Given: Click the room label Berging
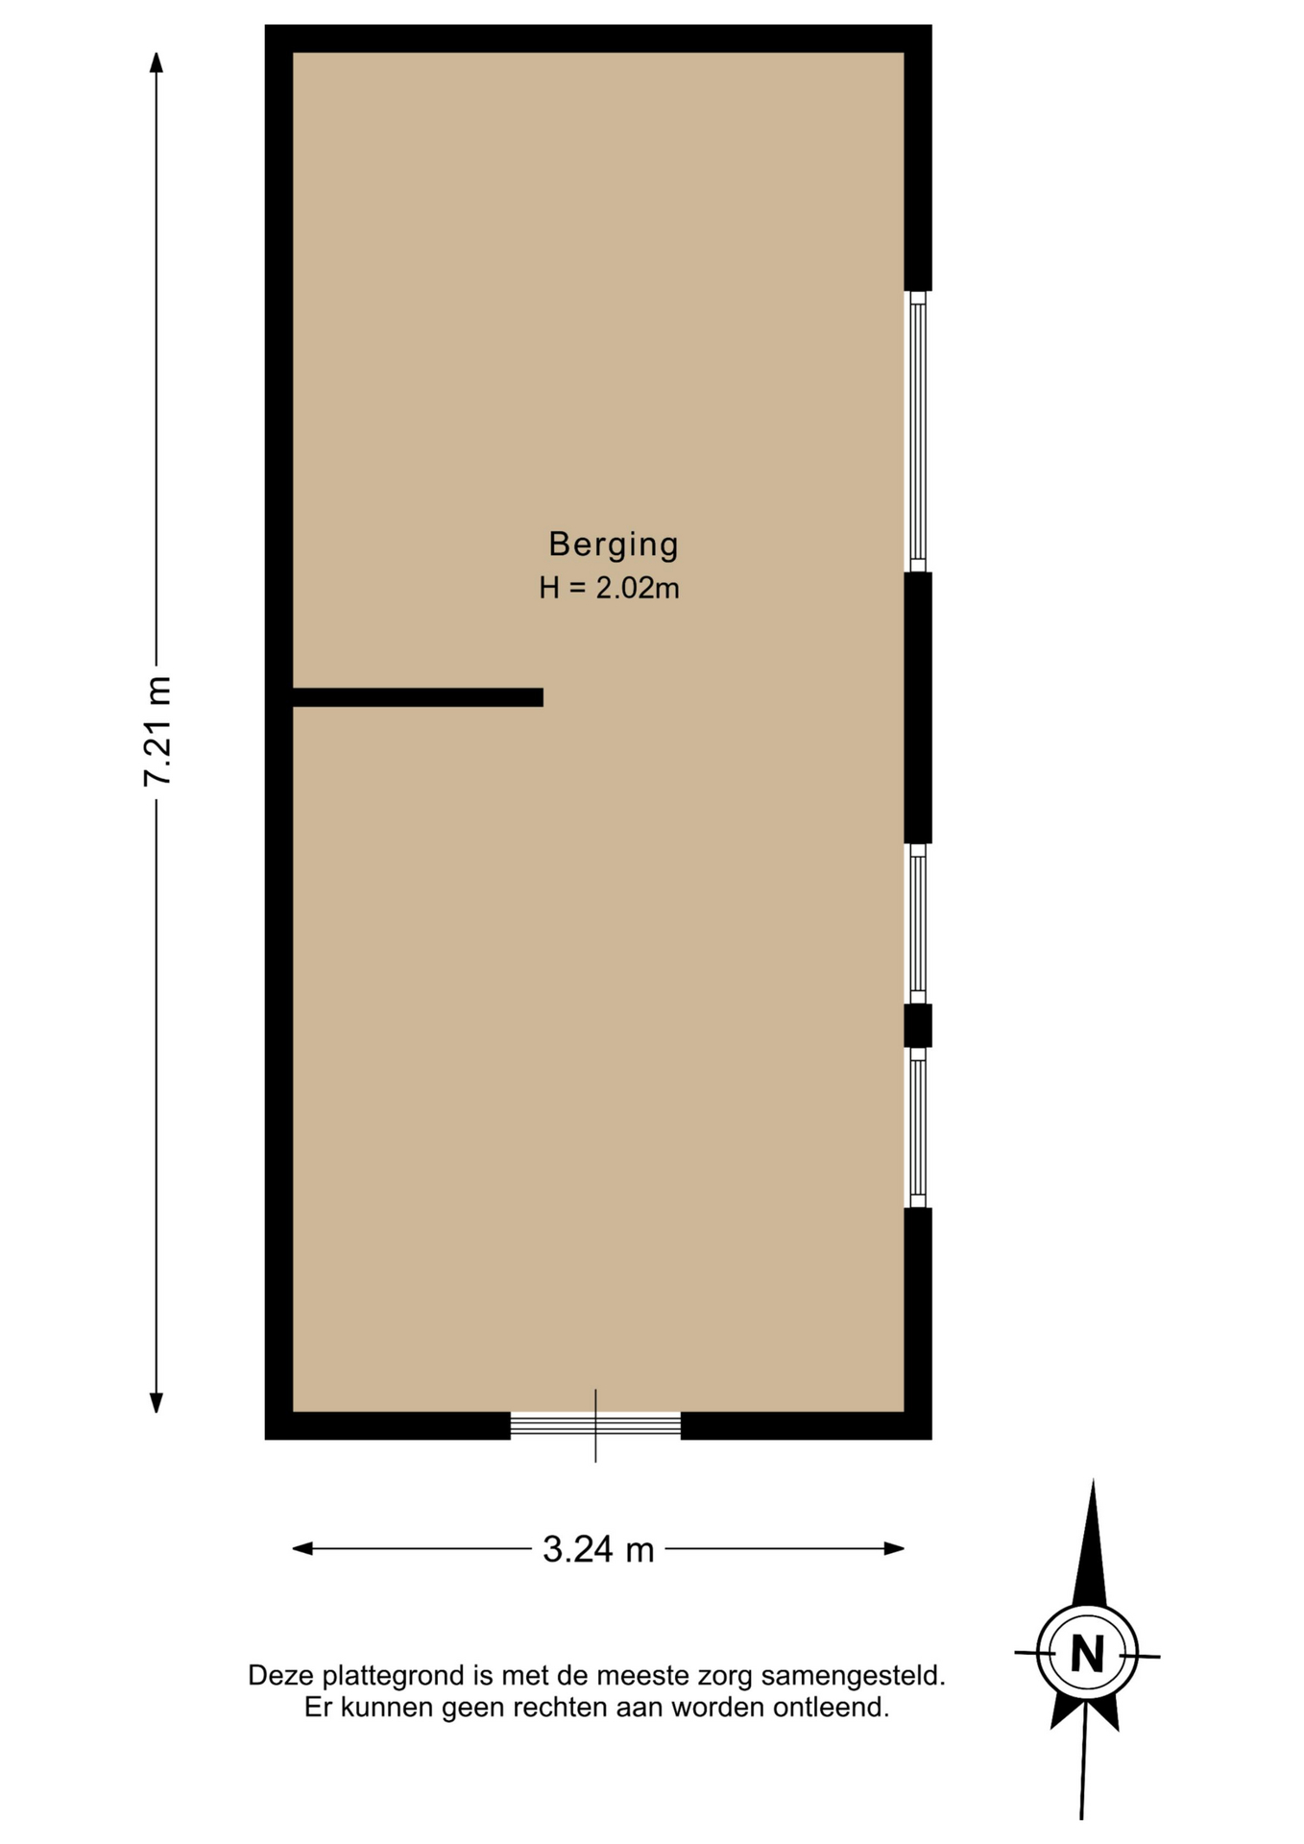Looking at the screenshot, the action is (614, 545).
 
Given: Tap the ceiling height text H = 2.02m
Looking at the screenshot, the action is (609, 588).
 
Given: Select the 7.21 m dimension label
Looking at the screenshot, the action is (157, 731).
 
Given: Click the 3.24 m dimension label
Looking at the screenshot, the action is (598, 1549).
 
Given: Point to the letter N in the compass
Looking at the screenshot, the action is (1087, 1655).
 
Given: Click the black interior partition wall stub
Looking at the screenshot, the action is (418, 697).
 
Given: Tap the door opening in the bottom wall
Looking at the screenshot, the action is (595, 1425).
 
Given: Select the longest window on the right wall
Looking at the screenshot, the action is (918, 431).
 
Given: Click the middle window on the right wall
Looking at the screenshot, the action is (918, 924).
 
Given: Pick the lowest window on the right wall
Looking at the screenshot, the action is (918, 1128).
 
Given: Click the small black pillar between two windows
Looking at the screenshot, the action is (918, 1026).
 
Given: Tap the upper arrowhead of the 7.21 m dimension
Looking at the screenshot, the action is (157, 61).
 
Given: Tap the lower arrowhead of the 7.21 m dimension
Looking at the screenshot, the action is (157, 1402).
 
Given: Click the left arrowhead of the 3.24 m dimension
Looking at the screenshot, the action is (302, 1548).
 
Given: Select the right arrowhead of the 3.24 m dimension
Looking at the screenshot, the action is (894, 1548).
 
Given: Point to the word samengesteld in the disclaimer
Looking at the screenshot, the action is (853, 1676).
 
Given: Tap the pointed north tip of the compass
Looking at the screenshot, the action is (1093, 1483).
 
